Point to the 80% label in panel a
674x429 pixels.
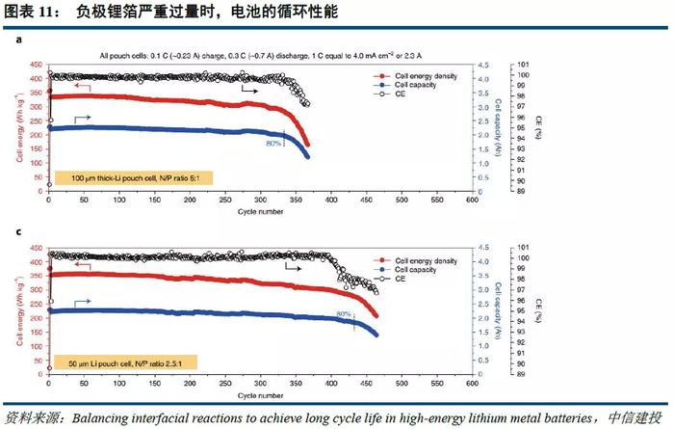(x=273, y=143)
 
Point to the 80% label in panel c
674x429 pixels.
(x=343, y=314)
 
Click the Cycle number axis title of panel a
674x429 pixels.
(x=260, y=209)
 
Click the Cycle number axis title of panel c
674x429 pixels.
(x=260, y=394)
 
